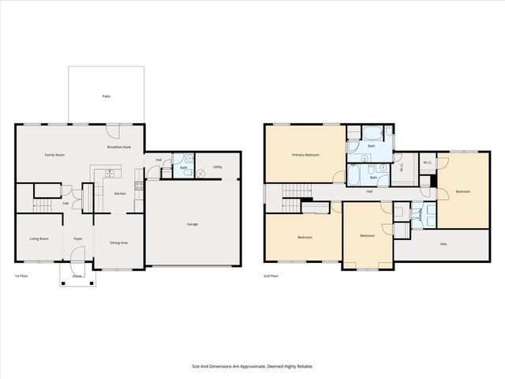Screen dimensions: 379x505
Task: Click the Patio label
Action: coord(106,96)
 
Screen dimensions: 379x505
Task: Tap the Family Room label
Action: coord(54,155)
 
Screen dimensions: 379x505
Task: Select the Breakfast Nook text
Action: coord(119,148)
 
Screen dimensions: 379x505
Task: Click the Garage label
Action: coord(192,224)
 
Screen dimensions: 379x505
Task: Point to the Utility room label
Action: coord(217,167)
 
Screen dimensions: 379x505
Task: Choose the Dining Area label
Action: coord(119,242)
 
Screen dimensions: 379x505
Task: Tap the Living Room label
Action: coord(39,238)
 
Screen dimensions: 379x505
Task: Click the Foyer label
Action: coord(78,238)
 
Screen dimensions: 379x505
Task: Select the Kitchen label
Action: coord(120,193)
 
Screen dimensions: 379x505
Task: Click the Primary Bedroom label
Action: coord(305,155)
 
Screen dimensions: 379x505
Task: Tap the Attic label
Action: coord(443,244)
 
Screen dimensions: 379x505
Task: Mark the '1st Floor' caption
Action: coord(22,276)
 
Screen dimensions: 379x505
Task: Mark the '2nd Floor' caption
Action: coord(271,276)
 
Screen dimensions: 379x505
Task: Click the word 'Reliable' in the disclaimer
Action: coord(301,366)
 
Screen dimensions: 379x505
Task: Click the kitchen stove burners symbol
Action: coord(139,186)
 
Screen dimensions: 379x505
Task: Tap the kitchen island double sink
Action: coord(110,173)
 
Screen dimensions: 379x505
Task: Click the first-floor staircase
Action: coord(45,205)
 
